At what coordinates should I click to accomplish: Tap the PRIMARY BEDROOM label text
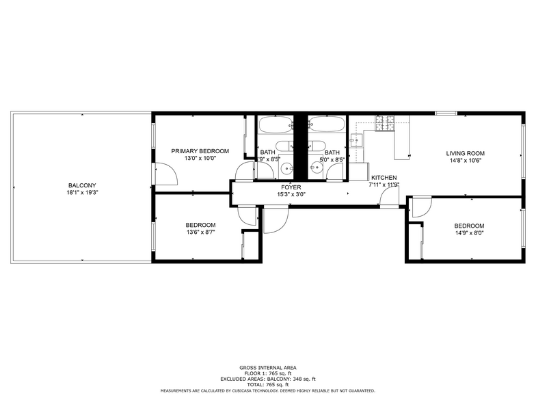pyautogui.click(x=200, y=151)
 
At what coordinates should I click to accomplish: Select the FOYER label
pyautogui.click(x=291, y=187)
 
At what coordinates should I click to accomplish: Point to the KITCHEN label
pyautogui.click(x=384, y=177)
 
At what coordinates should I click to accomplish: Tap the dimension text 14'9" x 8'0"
pyautogui.click(x=469, y=233)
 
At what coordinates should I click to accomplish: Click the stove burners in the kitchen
pyautogui.click(x=385, y=123)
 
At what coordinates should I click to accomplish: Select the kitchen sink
pyautogui.click(x=356, y=140)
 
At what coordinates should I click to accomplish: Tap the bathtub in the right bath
pyautogui.click(x=327, y=125)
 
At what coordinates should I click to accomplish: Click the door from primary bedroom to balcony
pyautogui.click(x=165, y=175)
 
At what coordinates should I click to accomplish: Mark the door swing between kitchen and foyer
pyautogui.click(x=390, y=197)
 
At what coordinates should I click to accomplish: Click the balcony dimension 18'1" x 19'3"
pyautogui.click(x=82, y=193)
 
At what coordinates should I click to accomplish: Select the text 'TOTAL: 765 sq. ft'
pyautogui.click(x=267, y=385)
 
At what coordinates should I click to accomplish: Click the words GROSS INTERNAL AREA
pyautogui.click(x=267, y=367)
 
